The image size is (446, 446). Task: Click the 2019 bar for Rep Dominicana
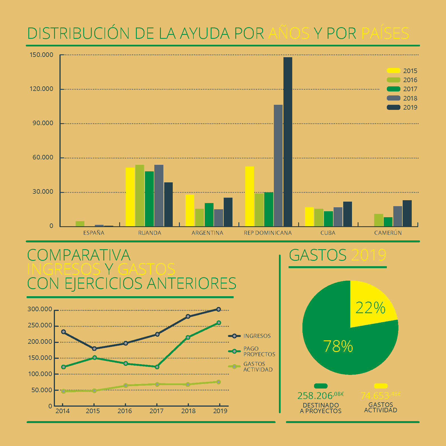point(288,142)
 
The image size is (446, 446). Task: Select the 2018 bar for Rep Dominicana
point(278,166)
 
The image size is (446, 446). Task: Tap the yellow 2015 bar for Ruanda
point(130,197)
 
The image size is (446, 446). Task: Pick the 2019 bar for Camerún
point(407,213)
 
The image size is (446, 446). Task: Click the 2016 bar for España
point(80,224)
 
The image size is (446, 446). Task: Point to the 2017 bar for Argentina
point(209,215)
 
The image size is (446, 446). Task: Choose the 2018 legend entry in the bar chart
point(402,98)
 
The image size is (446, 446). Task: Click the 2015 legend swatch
point(394,71)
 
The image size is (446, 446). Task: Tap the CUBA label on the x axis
point(328,233)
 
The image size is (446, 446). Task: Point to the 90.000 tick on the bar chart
point(43,123)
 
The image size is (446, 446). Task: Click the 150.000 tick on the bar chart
point(41,55)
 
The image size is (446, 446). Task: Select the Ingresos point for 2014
point(63,332)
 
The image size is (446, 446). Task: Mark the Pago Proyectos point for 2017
point(157,367)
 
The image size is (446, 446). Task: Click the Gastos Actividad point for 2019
point(219,382)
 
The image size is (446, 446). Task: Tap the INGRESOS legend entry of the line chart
point(249,336)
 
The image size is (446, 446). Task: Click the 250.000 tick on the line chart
point(40,325)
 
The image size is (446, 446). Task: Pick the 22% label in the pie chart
point(370,308)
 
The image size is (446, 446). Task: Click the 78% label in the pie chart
point(338,346)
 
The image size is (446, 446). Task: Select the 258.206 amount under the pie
point(321,395)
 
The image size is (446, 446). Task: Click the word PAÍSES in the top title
point(385,33)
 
